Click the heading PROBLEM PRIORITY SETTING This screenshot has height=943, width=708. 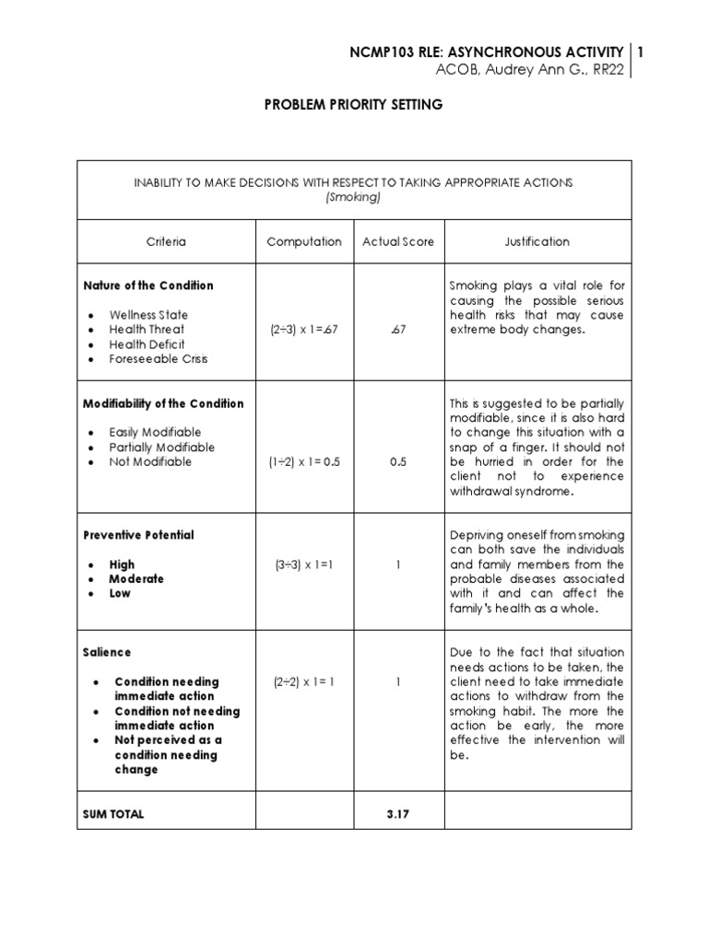[354, 105]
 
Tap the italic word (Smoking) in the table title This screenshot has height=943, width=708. [354, 197]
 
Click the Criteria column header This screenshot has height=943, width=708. [166, 242]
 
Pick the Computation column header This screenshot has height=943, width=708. [304, 242]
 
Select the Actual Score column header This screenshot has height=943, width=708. [398, 242]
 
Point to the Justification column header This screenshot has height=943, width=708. [537, 242]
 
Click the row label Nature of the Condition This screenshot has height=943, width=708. [148, 285]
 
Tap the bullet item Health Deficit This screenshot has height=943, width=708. [147, 344]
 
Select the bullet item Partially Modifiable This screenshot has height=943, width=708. [161, 448]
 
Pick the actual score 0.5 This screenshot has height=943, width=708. [398, 462]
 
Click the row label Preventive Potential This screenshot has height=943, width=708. [138, 535]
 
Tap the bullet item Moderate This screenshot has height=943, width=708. [136, 579]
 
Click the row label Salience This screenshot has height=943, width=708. [107, 652]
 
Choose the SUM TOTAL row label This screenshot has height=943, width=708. [113, 814]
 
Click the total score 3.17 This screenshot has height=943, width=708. [398, 814]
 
